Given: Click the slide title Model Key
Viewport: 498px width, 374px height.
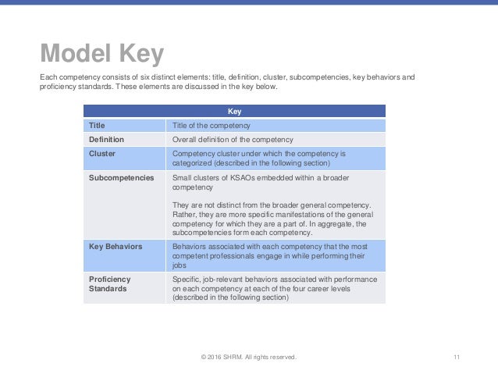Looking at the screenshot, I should coord(101,54).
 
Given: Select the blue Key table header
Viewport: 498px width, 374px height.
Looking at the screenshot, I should coord(234,111).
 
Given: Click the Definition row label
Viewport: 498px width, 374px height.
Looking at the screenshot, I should coord(107,140).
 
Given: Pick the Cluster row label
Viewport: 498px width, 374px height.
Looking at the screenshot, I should coord(102,154).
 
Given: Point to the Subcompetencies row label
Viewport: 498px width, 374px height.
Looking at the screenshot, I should coord(121,179).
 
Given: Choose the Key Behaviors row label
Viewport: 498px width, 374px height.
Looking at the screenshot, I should coord(116,247).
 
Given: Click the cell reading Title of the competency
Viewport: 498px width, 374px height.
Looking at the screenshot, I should coord(211,126).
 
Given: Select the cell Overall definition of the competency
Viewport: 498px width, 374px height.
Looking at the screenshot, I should coord(233,140).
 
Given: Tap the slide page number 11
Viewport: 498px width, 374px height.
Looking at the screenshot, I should coord(457,357).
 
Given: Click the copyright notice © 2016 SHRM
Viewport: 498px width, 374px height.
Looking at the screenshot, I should coord(248,357).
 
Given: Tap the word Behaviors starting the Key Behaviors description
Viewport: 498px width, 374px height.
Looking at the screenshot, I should coord(190,247).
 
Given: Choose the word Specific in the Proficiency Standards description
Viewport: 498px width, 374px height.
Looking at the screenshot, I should coord(187,280).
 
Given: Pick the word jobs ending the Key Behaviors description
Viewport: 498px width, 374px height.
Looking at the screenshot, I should coord(180,265).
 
